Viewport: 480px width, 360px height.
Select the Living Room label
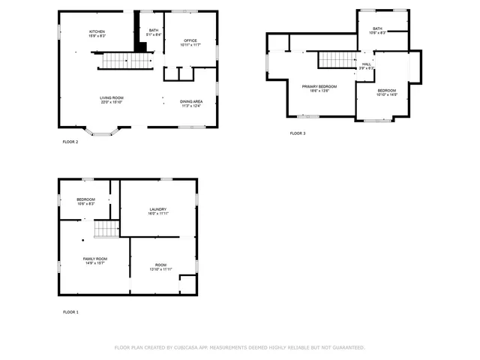[112, 100]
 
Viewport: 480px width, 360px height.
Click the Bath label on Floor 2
[153, 31]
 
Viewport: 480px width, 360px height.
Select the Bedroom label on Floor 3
[387, 92]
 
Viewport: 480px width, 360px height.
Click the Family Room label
[95, 260]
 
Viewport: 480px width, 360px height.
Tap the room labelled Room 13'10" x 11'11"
[161, 267]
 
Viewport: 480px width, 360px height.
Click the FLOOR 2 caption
[70, 141]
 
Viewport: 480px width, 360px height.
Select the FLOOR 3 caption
[298, 133]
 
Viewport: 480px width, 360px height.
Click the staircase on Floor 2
[116, 60]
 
